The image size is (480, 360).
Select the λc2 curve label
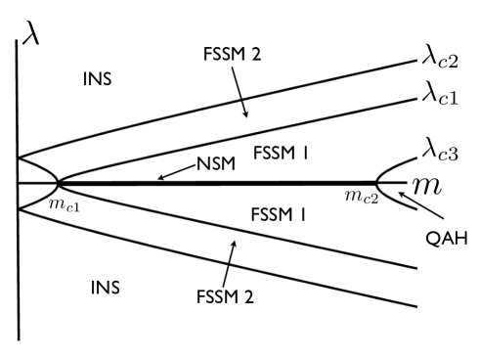(x=433, y=64)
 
